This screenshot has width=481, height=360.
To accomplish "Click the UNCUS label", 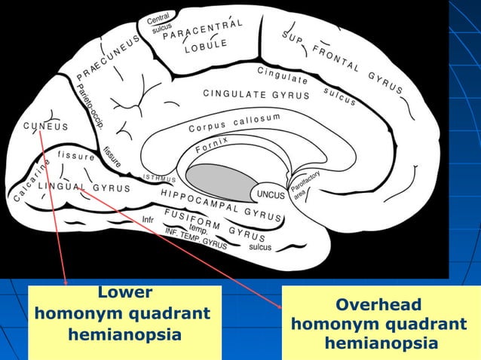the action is pyautogui.click(x=271, y=194).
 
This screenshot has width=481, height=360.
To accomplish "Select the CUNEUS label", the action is pyautogui.click(x=45, y=126).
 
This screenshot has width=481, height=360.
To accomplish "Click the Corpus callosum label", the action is pyautogui.click(x=234, y=122).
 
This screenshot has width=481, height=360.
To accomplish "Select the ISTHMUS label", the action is pyautogui.click(x=159, y=179).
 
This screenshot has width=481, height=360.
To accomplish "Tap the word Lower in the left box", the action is pyautogui.click(x=124, y=292).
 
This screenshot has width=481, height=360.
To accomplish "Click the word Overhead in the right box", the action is pyautogui.click(x=379, y=305).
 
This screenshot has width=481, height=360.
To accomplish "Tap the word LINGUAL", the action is pyautogui.click(x=61, y=185).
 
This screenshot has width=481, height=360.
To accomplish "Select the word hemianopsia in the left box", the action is pyautogui.click(x=124, y=334).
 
